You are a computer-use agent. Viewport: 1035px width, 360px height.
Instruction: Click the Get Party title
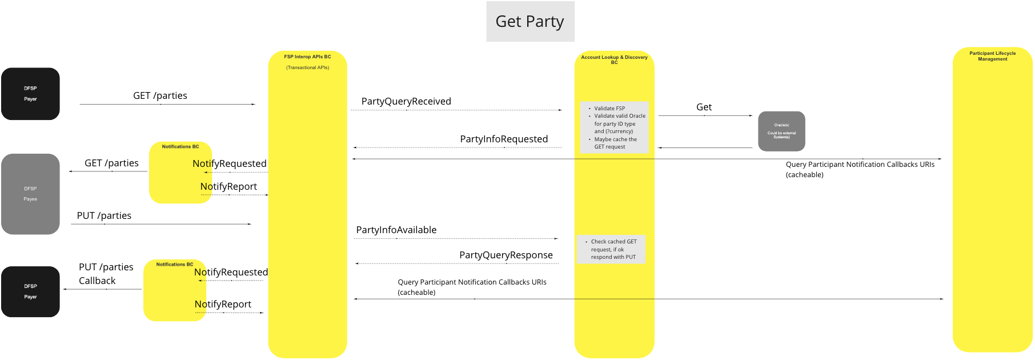(x=529, y=22)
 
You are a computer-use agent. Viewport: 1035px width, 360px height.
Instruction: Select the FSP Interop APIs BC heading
(x=307, y=57)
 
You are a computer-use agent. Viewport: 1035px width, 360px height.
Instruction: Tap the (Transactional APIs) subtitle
(x=307, y=67)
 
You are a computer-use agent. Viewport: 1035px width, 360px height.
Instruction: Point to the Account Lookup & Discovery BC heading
(x=614, y=59)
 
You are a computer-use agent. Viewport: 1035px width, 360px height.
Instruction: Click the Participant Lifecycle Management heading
(x=992, y=56)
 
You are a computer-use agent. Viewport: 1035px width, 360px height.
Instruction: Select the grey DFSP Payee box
(x=30, y=194)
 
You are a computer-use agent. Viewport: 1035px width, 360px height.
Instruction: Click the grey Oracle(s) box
(x=781, y=131)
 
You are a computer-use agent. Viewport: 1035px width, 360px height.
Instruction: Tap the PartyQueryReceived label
(x=406, y=101)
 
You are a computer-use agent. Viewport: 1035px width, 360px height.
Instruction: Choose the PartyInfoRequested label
(x=504, y=139)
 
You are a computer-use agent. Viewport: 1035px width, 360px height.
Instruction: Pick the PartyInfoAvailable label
(x=396, y=230)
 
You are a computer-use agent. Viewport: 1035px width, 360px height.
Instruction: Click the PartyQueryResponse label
(x=506, y=255)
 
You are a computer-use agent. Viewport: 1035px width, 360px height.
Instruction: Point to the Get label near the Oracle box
(x=704, y=107)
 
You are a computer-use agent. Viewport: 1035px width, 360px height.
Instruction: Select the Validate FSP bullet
(x=609, y=108)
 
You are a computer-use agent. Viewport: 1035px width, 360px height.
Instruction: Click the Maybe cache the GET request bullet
(x=615, y=143)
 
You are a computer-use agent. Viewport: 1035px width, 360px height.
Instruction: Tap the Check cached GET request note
(x=613, y=249)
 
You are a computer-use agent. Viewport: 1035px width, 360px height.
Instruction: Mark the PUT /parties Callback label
(x=106, y=274)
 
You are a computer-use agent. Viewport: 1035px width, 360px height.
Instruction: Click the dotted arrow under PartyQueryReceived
(x=457, y=110)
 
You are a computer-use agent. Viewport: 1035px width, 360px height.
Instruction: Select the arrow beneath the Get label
(x=705, y=115)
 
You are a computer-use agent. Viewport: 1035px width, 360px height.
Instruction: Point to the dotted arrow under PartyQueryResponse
(x=457, y=263)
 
